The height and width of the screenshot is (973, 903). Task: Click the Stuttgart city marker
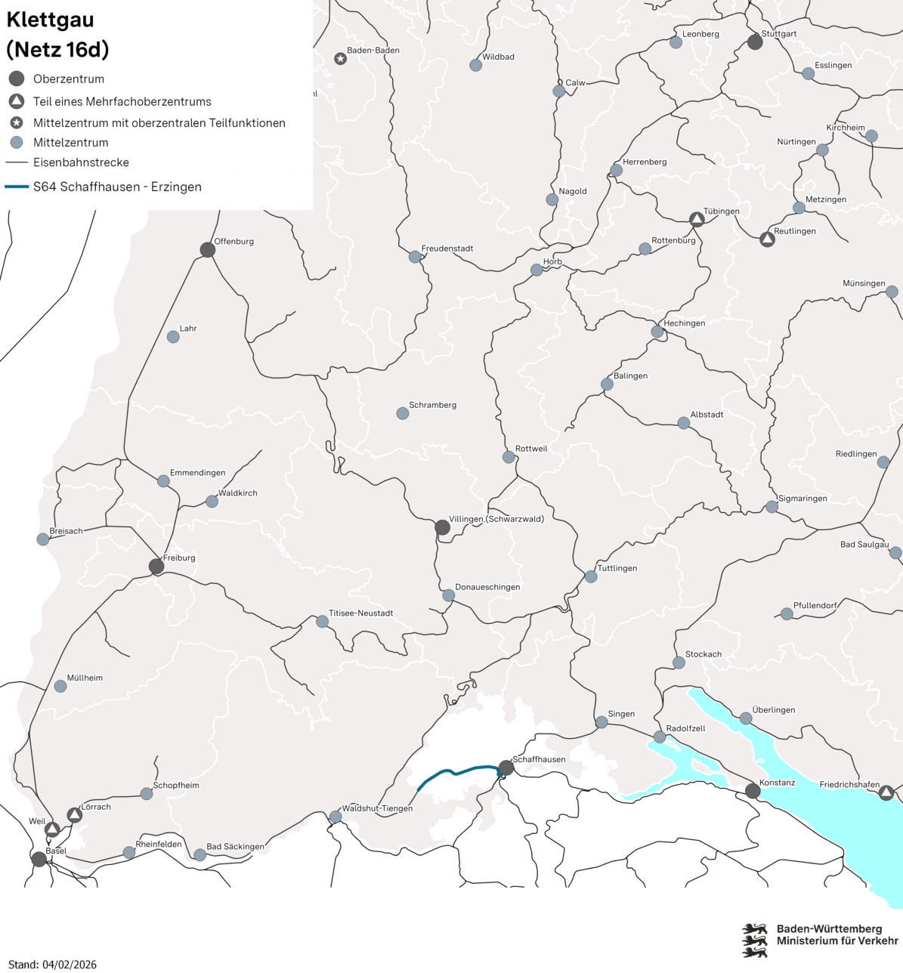point(755,42)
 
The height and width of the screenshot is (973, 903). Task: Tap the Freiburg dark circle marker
point(156,567)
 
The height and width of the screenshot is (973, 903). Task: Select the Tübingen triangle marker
point(697,219)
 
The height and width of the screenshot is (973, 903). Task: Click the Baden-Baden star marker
point(340,58)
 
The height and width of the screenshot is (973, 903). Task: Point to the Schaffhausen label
point(539,759)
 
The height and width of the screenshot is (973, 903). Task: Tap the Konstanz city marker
point(753,791)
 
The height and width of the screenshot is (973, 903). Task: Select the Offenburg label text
point(233,242)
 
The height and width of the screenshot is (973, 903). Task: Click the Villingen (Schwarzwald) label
point(496,519)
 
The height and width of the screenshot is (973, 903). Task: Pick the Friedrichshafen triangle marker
point(886,792)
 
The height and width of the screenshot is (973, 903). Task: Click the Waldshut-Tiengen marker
point(336,817)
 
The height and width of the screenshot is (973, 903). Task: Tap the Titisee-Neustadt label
point(360,613)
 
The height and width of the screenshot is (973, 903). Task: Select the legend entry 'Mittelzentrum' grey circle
point(17,143)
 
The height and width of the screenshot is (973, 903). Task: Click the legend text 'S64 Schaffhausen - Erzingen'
point(117,187)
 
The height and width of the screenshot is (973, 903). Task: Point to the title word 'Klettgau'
point(51,20)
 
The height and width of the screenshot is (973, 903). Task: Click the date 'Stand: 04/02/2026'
point(52,965)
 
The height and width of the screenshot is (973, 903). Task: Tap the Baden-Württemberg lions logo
point(755,940)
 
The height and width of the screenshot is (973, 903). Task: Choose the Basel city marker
point(39,859)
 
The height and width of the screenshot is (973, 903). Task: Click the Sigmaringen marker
point(772,507)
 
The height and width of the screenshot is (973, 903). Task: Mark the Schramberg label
point(432,405)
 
